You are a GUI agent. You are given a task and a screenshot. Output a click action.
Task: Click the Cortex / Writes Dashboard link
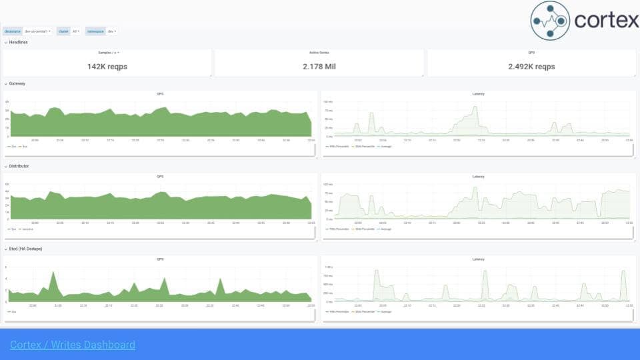73,345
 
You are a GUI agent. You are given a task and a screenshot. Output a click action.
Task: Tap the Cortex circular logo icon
550,21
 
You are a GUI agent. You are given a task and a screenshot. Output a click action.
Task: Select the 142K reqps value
107,67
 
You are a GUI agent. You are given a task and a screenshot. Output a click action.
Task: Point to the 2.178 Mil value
319,67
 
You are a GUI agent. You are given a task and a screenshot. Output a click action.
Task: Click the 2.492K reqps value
531,67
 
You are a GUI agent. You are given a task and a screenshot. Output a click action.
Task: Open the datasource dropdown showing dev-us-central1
37,31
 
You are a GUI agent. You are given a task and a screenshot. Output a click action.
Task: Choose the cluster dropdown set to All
75,31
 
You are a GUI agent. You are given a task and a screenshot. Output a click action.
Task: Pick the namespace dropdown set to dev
112,31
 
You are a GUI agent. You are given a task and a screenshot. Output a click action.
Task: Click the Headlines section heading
18,42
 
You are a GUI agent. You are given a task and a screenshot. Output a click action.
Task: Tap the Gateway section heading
17,83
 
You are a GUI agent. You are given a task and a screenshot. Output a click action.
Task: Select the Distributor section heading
19,166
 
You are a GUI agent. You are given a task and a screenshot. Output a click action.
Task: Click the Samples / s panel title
106,52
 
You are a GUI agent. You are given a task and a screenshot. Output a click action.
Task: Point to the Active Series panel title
319,52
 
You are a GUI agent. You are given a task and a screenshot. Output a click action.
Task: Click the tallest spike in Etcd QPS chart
53,273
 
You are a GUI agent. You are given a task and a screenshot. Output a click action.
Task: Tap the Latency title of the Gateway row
478,94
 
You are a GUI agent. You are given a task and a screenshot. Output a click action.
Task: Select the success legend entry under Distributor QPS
27,229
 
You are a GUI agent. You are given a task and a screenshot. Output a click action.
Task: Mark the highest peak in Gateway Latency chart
475,106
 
